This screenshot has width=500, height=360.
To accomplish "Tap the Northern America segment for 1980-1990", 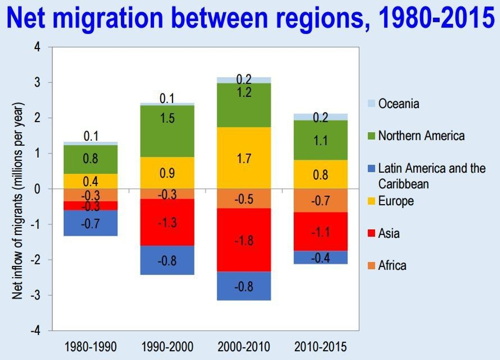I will click(x=91, y=159).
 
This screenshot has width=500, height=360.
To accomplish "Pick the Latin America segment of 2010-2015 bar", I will click(x=320, y=257).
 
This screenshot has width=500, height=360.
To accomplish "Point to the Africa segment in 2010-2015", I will click(x=320, y=200).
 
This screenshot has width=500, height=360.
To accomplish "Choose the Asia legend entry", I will click(x=388, y=233).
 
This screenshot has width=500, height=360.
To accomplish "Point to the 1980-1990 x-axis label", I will click(x=91, y=347).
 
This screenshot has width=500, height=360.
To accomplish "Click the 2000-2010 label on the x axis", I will click(x=243, y=347).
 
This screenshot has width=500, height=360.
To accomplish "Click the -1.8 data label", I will click(x=243, y=241).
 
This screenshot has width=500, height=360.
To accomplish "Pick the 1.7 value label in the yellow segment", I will click(x=243, y=159).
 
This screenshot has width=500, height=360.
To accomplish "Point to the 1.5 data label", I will click(x=167, y=119).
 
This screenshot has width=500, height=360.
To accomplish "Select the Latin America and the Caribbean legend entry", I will click(x=431, y=175).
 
